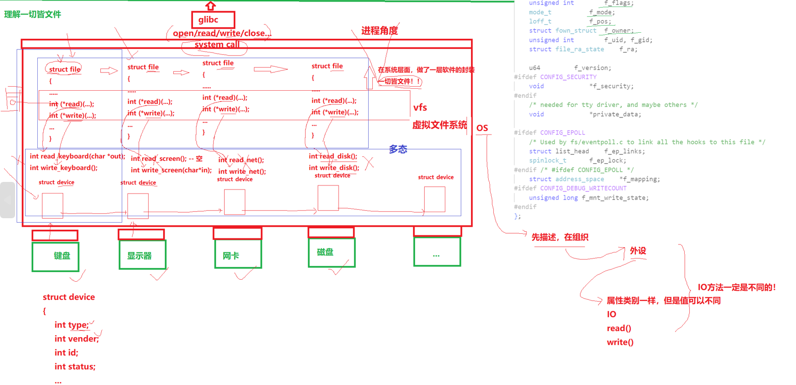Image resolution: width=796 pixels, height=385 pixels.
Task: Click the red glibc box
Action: [x=213, y=20]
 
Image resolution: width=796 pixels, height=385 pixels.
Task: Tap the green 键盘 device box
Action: [x=55, y=256]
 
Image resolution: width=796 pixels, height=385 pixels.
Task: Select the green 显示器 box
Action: [x=142, y=255]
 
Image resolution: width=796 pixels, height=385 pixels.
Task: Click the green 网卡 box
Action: [x=238, y=254]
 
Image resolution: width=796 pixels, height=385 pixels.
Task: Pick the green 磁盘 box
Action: [x=331, y=252]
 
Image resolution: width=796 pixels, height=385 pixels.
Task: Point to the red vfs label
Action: [x=420, y=107]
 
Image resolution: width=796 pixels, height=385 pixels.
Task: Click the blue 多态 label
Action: [x=398, y=149]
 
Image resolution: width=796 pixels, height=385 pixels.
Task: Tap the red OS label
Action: [x=482, y=128]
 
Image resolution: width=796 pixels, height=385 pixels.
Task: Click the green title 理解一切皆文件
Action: [x=33, y=14]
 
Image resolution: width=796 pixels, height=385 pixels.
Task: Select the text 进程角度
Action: [x=379, y=31]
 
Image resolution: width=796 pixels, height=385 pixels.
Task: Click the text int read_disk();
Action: [x=333, y=156]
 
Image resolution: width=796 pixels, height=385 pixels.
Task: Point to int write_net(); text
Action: [x=242, y=171]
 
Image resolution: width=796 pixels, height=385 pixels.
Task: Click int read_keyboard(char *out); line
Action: [x=77, y=156]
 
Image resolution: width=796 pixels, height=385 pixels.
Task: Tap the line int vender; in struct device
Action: [x=77, y=339]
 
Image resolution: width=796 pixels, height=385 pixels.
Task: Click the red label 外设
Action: [x=638, y=251]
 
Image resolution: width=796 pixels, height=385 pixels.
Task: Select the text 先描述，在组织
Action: [x=560, y=237]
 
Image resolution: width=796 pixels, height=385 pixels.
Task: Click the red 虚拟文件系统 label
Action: [x=439, y=125]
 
